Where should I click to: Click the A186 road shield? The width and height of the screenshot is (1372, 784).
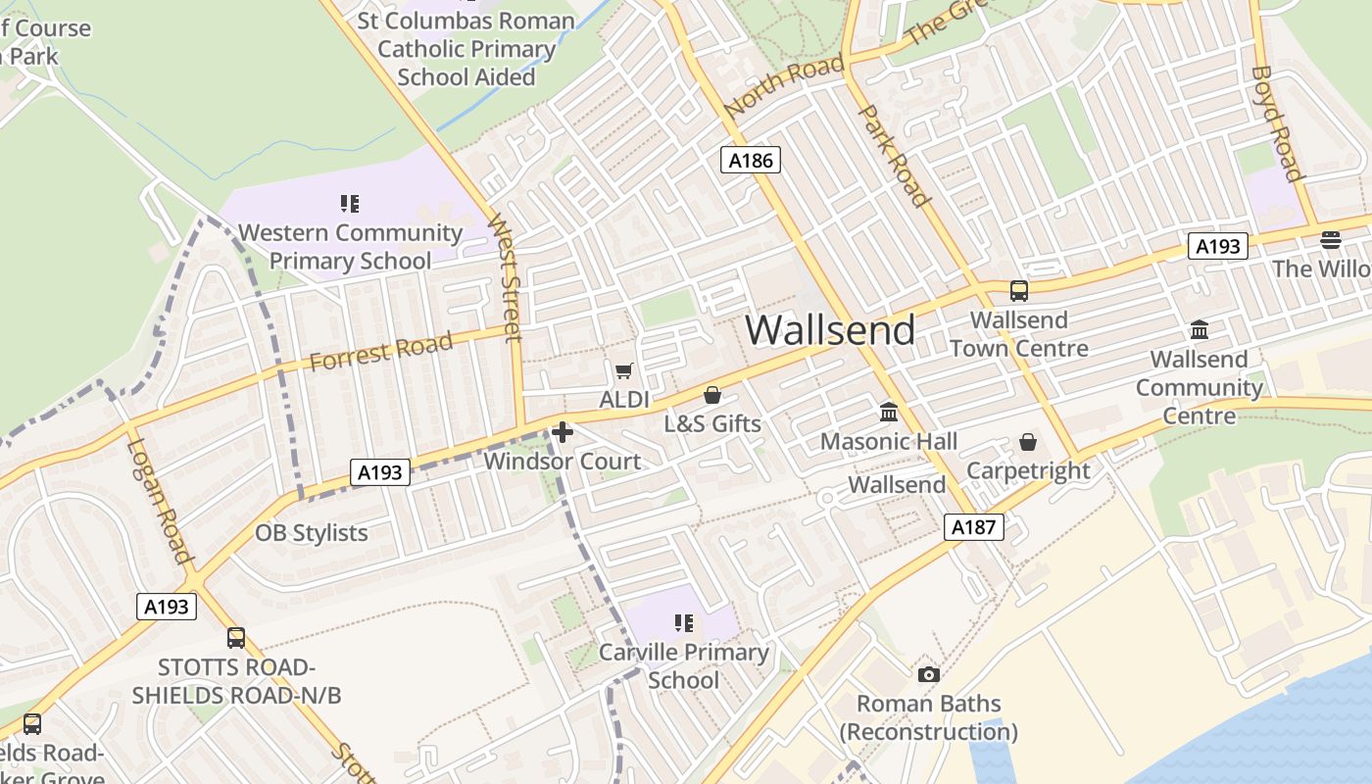751,160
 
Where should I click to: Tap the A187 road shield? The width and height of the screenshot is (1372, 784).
974,527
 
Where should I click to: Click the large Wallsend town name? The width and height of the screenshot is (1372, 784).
830,330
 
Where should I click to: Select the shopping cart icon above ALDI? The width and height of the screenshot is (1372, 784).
623,370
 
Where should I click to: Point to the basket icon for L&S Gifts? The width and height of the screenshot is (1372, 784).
712,395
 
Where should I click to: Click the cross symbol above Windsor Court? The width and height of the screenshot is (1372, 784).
563,431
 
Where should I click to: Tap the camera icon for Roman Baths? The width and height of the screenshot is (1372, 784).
928,674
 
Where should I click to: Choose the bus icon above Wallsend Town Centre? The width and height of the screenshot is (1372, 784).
1019,291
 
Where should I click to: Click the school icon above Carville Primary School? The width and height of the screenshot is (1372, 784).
683,623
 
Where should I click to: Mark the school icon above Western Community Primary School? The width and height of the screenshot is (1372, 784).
350,204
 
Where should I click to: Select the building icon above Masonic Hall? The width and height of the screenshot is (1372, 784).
889,413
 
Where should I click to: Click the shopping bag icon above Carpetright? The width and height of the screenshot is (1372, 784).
1028,442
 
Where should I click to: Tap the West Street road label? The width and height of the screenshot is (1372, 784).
504,276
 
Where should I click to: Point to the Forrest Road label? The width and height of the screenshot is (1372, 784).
381,351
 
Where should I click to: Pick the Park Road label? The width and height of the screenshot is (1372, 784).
893,155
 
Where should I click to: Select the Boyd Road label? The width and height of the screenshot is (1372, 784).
1277,123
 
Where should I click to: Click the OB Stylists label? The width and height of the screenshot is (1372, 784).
312,533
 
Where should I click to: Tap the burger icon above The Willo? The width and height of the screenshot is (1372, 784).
1330,239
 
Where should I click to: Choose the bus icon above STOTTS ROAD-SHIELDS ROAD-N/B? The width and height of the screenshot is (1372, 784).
236,638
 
